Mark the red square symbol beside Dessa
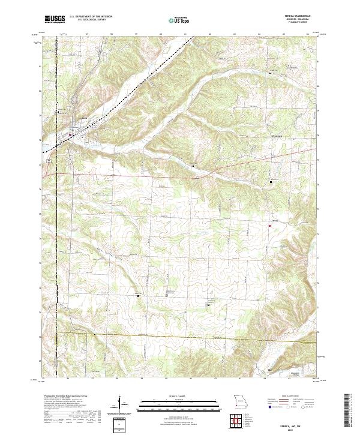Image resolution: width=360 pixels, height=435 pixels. [269, 226]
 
